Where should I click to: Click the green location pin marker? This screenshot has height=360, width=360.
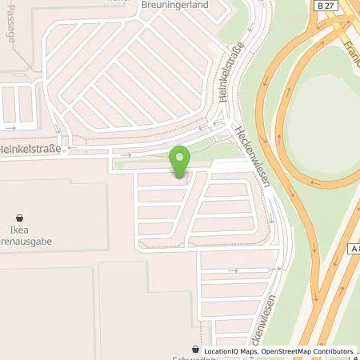(181, 160)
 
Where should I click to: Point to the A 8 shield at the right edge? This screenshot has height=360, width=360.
(353, 250)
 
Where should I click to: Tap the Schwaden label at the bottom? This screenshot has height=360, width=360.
(216, 356)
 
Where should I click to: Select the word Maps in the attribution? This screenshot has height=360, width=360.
(254, 351)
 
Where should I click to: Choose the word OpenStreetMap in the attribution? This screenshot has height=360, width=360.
(291, 351)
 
